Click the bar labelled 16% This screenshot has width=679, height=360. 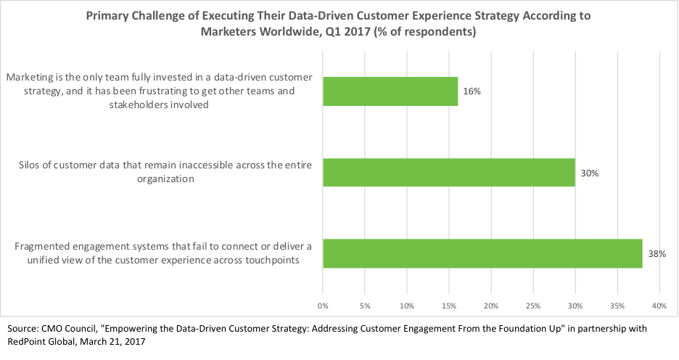tap(390, 91)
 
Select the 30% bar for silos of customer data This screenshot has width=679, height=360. tap(449, 173)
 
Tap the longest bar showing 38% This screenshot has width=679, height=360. tap(482, 253)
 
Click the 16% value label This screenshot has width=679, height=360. tap(472, 92)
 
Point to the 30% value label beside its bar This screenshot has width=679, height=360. tap(589, 173)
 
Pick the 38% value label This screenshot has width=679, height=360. tap(657, 253)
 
